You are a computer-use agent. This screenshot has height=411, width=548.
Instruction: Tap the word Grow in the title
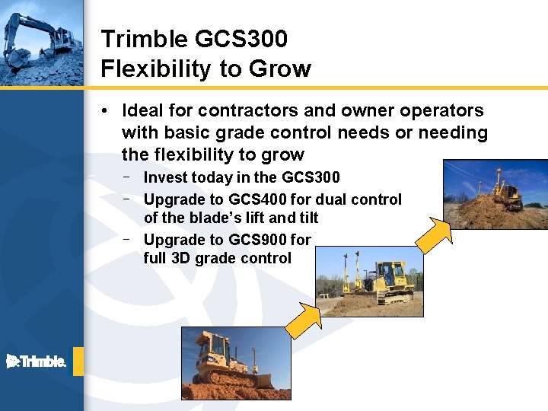tap(281, 69)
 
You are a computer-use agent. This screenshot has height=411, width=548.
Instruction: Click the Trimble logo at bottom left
tap(37, 362)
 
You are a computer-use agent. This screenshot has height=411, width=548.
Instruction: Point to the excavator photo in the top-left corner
tap(41, 43)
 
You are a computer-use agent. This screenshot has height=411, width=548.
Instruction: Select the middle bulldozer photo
tap(369, 281)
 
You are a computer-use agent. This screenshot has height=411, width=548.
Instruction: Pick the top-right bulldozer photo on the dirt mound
tap(495, 194)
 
